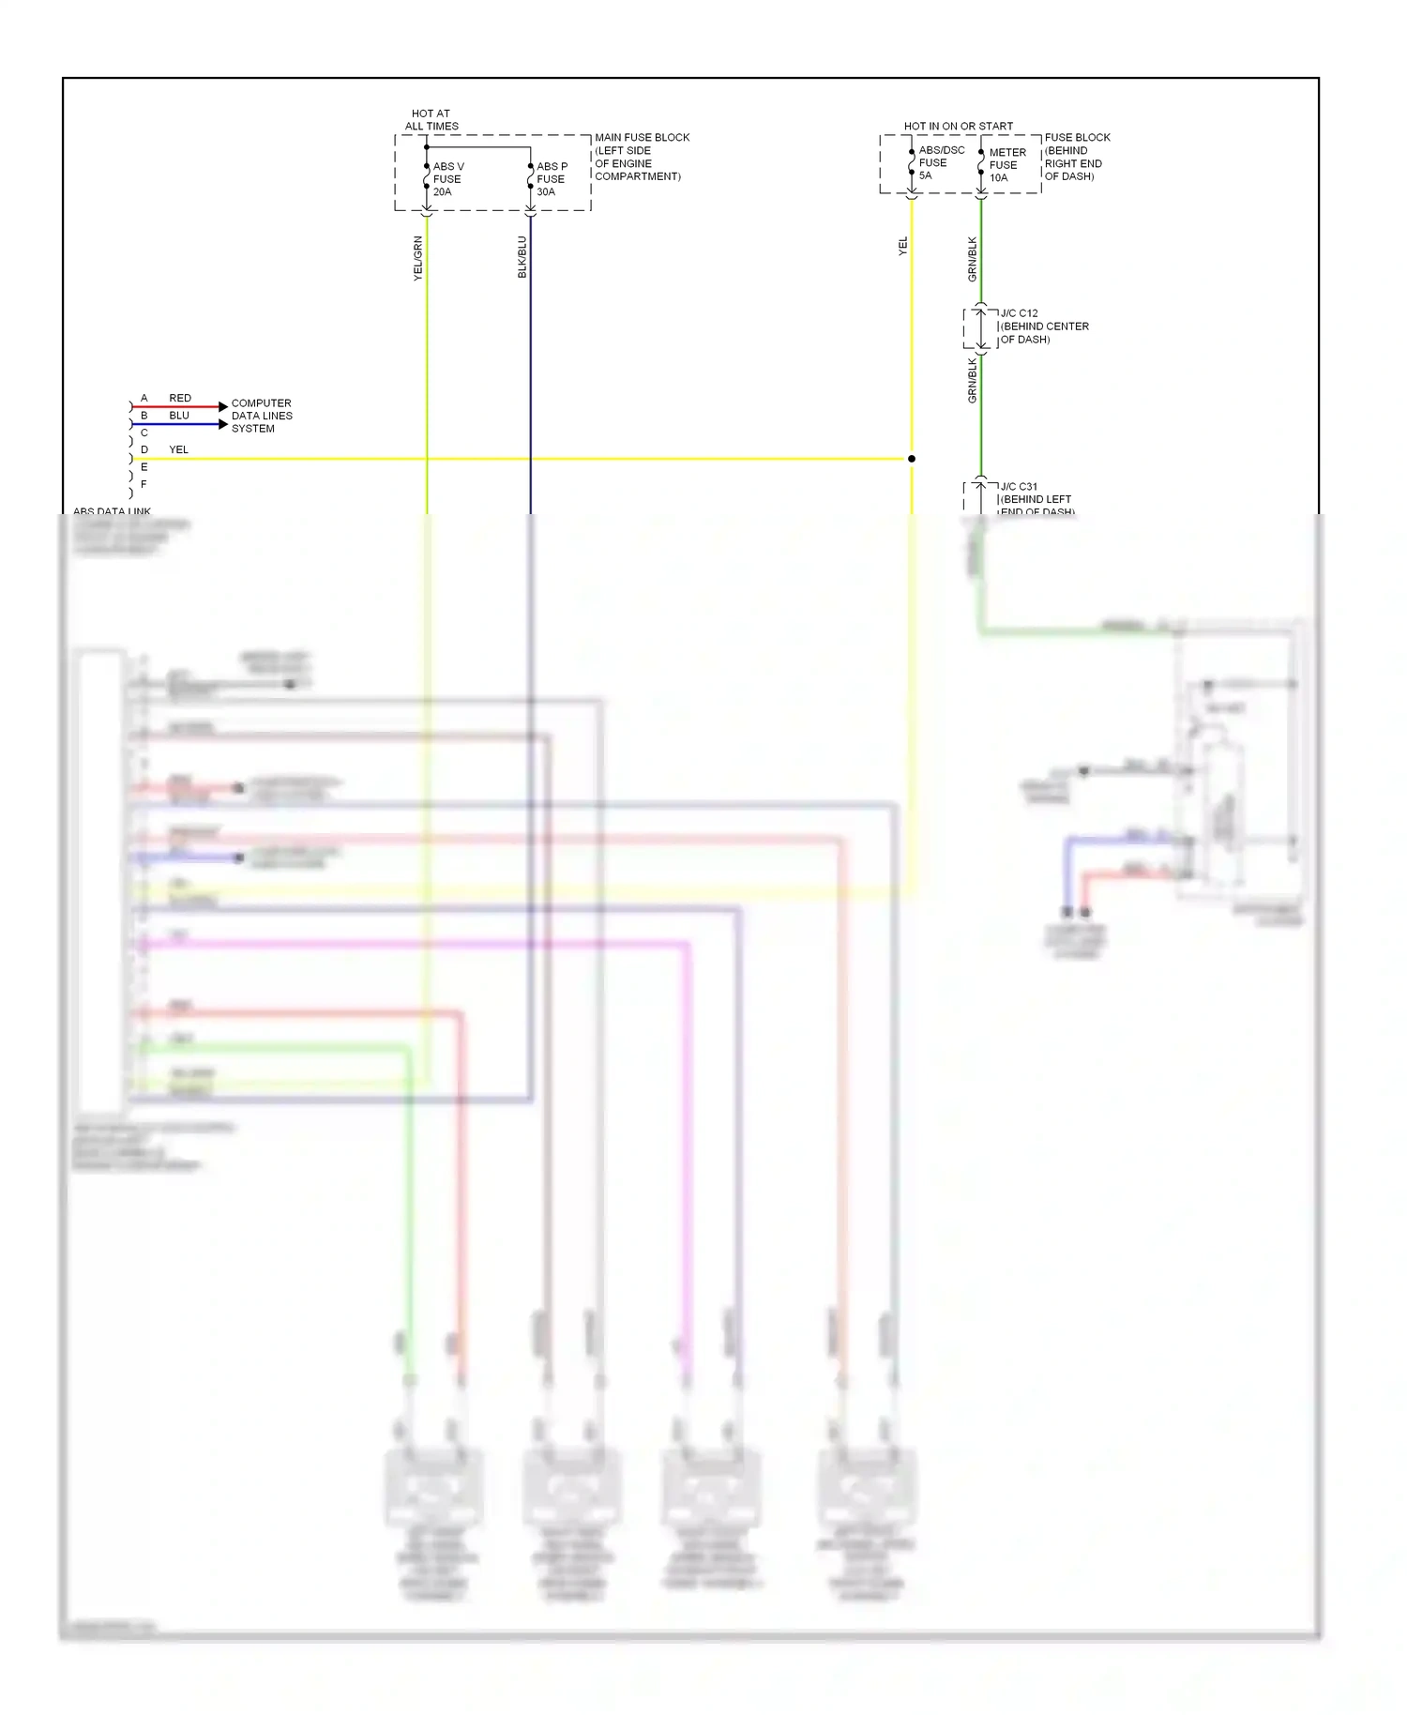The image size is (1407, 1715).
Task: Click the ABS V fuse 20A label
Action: (x=447, y=178)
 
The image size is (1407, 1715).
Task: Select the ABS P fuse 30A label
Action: (x=552, y=178)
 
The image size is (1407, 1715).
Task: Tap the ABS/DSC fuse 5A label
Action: (x=940, y=162)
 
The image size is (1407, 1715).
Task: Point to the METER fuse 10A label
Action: (x=1006, y=164)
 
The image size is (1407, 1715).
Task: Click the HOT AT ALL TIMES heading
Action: (x=431, y=119)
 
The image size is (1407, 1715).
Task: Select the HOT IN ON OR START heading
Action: (x=958, y=126)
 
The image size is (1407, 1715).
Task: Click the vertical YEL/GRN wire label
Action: (x=418, y=258)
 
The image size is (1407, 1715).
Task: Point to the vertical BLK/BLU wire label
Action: (x=522, y=257)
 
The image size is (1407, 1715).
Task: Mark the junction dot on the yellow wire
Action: (x=911, y=459)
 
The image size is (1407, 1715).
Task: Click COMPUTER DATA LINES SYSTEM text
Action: (x=261, y=416)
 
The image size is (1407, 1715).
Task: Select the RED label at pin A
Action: (x=180, y=398)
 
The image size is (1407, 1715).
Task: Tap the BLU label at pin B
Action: (x=179, y=415)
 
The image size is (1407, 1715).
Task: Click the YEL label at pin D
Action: (x=178, y=449)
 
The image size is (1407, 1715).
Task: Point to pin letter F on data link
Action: (x=144, y=484)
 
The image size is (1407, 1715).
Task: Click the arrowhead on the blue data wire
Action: (x=223, y=424)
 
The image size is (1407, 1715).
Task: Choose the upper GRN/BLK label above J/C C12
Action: (x=973, y=259)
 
